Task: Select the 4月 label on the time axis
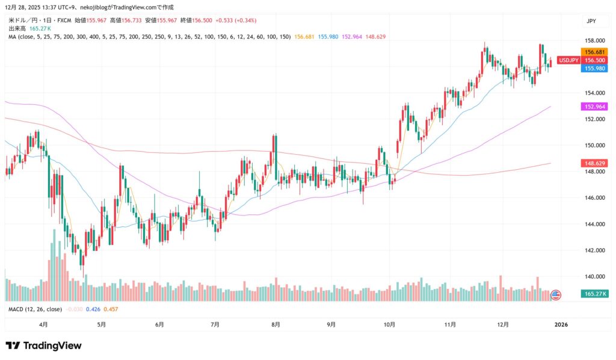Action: pos(43,324)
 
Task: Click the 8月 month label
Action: pos(276,324)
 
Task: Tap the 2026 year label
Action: pos(561,324)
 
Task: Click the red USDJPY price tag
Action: pos(568,60)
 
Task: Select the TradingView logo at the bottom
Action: pos(43,346)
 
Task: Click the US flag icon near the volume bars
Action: pos(555,295)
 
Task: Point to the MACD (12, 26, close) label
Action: pos(35,309)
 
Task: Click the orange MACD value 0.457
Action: pos(111,309)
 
